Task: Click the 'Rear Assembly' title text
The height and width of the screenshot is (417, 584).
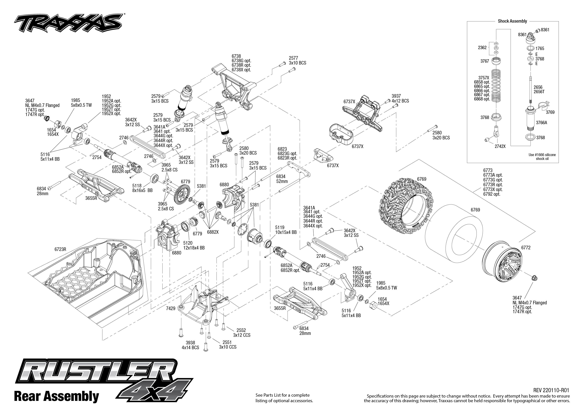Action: [x=57, y=396]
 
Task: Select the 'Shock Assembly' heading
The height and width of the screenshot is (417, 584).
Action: [x=512, y=21]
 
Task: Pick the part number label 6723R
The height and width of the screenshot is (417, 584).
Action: [x=60, y=249]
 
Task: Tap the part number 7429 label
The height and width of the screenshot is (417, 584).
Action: [x=171, y=308]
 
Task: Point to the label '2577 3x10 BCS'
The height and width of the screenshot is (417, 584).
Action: [x=297, y=61]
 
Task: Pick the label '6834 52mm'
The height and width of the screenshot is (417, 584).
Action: [x=282, y=179]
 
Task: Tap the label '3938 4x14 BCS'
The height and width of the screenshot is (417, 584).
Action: [x=190, y=345]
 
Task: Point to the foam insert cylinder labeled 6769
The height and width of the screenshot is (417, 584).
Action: [x=452, y=231]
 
